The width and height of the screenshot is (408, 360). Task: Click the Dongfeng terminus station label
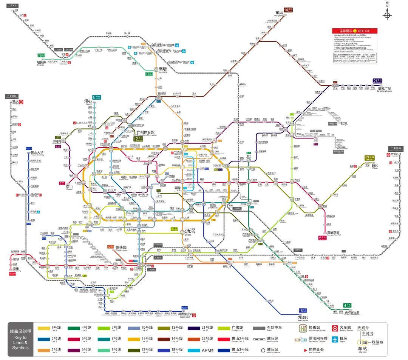279,13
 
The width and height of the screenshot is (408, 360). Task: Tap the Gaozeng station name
162,69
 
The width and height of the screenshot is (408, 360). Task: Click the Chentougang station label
123,247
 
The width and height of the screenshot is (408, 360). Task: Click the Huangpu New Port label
335,233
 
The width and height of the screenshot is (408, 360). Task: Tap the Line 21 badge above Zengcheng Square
377,81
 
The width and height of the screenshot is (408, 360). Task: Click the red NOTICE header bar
354,31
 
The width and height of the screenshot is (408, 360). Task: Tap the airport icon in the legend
335,339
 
